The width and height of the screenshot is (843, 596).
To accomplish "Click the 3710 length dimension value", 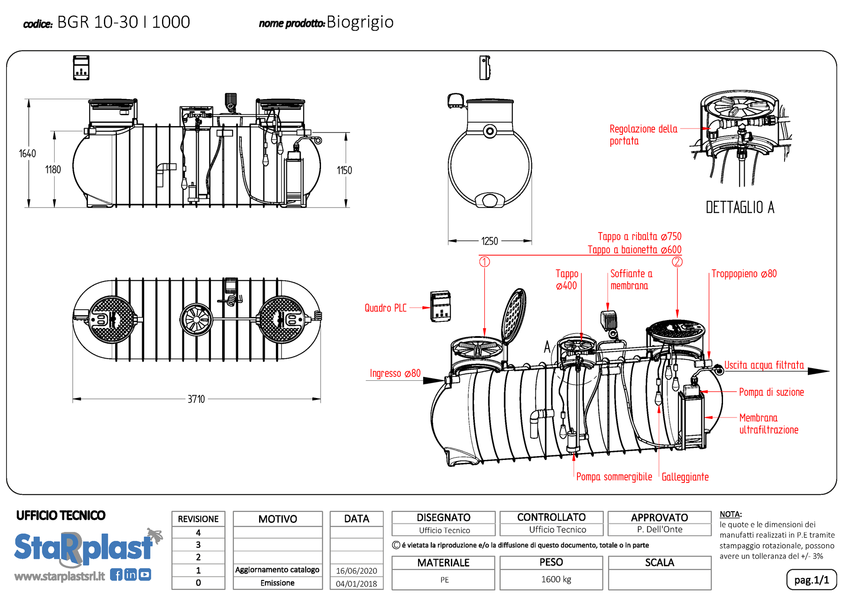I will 196,399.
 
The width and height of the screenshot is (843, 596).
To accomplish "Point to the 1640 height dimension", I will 27,154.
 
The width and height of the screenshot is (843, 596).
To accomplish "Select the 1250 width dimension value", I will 490,241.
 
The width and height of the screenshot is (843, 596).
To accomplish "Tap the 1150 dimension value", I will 344,170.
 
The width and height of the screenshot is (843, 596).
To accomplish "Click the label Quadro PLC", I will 385,308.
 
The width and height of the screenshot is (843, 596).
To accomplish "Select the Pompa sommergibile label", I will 614,477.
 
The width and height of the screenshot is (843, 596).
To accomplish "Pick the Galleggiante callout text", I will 685,477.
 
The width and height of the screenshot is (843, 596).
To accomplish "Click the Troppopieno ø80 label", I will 744,274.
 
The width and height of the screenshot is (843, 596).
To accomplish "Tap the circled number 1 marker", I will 484,262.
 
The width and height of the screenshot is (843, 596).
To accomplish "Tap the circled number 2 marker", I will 677,262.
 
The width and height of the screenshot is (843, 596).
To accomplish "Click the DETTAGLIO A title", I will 740,207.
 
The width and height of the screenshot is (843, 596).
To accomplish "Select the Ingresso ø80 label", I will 395,373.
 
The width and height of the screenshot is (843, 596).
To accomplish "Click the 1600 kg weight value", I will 556,580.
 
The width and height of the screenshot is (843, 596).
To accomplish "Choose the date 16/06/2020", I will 357,571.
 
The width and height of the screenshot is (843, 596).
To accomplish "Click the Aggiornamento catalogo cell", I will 277,570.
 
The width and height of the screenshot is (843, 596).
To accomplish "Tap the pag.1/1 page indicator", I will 811,580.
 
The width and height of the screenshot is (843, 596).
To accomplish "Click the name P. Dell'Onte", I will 659,529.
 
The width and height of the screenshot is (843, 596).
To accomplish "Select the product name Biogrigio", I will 360,22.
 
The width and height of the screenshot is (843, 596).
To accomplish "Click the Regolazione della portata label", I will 643,135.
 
